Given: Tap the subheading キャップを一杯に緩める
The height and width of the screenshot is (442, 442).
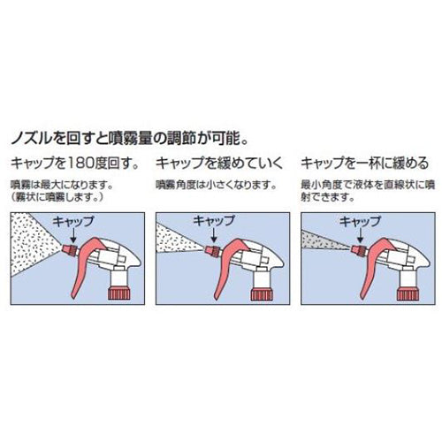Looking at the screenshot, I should tap(364, 163).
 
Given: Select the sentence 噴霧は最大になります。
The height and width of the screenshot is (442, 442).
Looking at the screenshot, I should tap(60, 184).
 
